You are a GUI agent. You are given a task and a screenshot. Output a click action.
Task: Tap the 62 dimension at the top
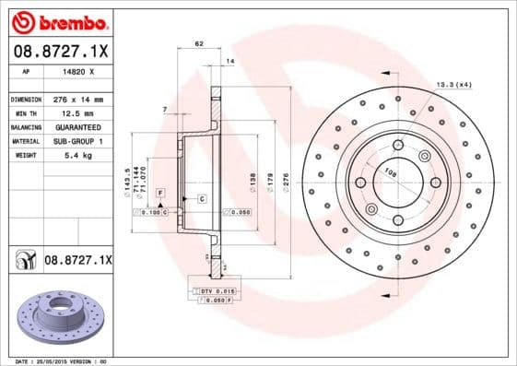pos(198,43)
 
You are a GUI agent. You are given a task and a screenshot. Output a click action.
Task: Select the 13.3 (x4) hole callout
pos(452,85)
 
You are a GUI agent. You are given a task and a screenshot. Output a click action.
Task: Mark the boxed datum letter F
pos(160,191)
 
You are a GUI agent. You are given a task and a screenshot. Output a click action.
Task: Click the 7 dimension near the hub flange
pos(163,110)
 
